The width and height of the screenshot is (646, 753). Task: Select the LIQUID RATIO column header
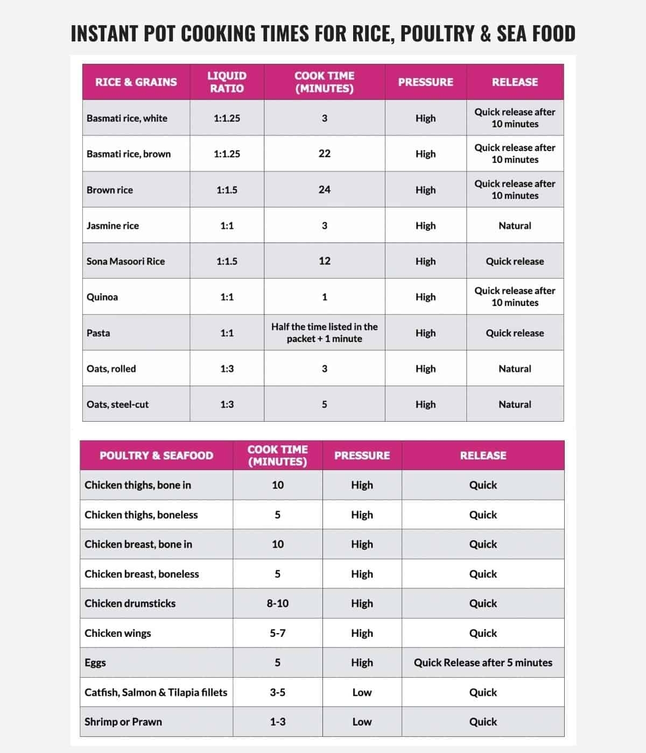click(227, 82)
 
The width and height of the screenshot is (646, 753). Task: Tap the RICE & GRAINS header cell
click(136, 82)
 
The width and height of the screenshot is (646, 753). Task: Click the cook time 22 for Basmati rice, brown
click(324, 154)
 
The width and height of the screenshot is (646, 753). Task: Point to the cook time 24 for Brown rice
click(324, 189)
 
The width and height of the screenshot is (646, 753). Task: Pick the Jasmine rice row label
click(113, 225)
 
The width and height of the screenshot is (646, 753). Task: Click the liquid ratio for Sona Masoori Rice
click(227, 261)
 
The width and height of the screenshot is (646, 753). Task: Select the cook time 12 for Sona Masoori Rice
click(324, 261)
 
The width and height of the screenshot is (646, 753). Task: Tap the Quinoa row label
click(102, 297)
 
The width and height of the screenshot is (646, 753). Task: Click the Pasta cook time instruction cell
click(324, 333)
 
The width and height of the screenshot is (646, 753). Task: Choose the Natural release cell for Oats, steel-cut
click(515, 404)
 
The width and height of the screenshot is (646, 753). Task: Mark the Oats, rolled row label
click(111, 369)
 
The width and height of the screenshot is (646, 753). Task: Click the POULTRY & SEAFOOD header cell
click(156, 456)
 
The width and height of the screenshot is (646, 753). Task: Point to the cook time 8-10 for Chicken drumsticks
click(277, 603)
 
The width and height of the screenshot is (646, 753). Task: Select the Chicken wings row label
click(118, 633)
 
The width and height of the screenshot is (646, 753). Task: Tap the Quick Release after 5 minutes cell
click(483, 663)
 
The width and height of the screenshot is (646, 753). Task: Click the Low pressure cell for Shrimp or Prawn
click(362, 722)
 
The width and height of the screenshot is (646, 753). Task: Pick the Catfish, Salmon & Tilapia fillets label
click(156, 692)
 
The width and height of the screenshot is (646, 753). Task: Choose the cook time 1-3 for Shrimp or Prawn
click(277, 722)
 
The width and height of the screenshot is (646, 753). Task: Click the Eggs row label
click(95, 663)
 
